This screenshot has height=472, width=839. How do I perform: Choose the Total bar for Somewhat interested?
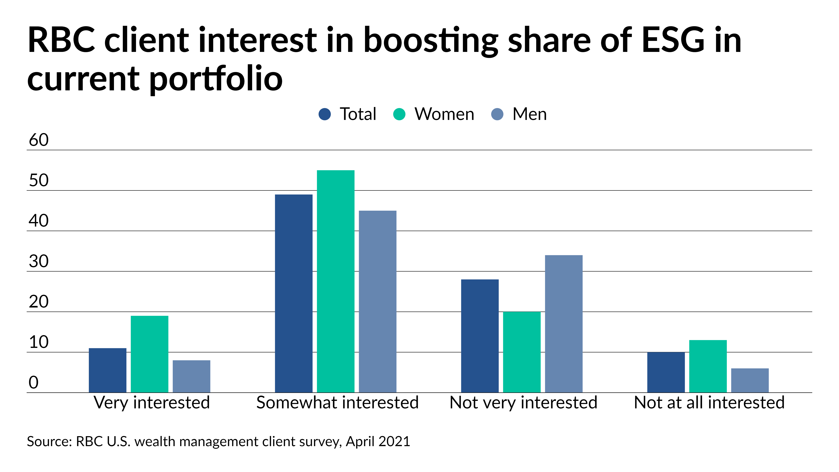click(x=293, y=293)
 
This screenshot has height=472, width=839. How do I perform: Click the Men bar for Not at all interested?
click(x=750, y=380)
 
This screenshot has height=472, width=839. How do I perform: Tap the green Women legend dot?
click(x=399, y=114)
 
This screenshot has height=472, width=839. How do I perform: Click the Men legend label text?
click(x=529, y=114)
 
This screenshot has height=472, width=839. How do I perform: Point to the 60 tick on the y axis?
click(x=38, y=140)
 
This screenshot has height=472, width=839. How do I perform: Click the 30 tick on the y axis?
click(x=38, y=261)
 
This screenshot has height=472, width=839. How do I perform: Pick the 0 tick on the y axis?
click(x=34, y=382)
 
